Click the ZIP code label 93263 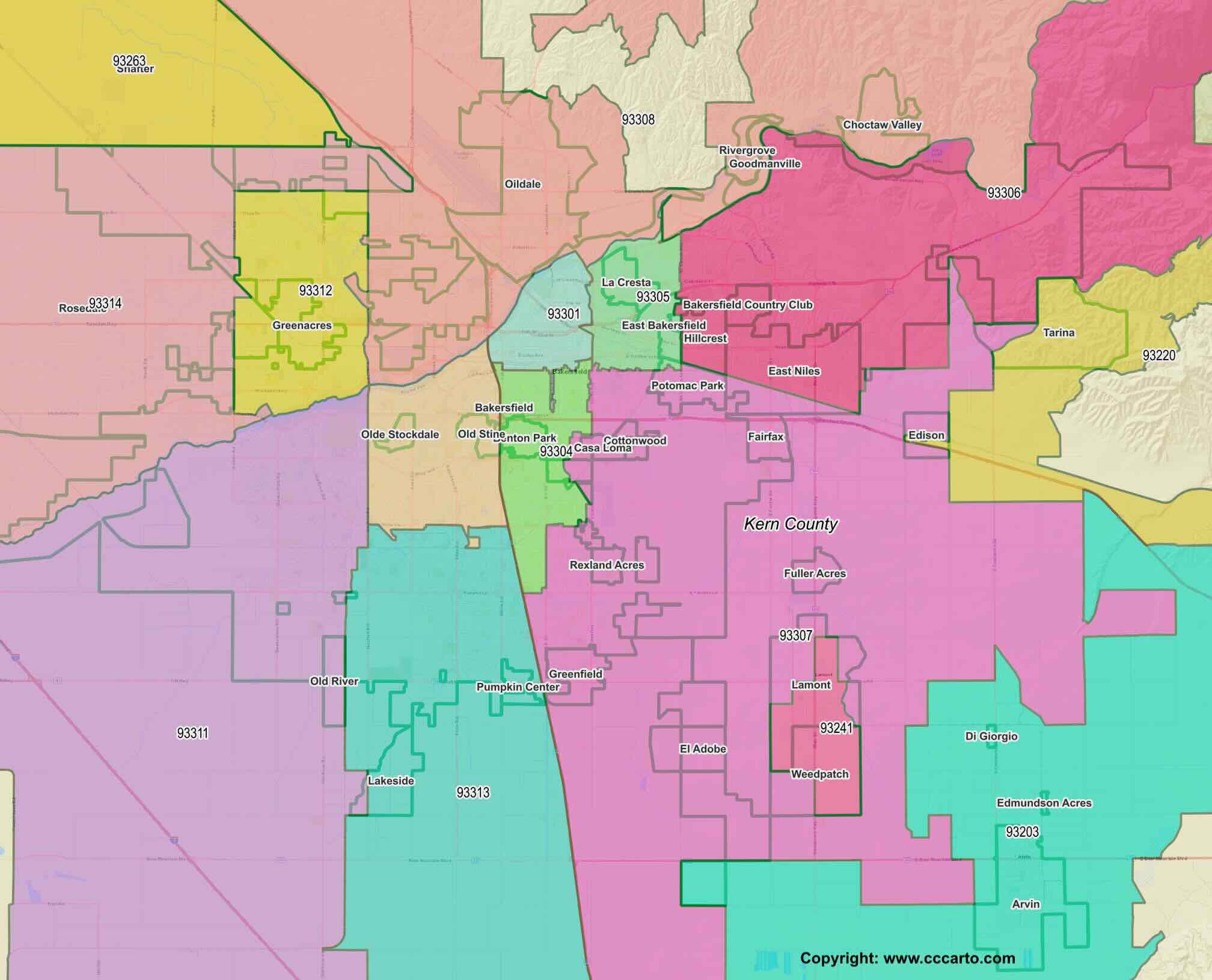(x=129, y=61)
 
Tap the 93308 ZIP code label (x=638, y=120)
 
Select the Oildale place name (x=522, y=184)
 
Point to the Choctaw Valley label (x=882, y=125)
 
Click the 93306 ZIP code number (x=1003, y=193)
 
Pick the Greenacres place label (x=302, y=325)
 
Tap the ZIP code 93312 (x=316, y=290)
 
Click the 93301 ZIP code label (x=563, y=314)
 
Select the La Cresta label (x=626, y=283)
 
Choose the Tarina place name (x=1059, y=332)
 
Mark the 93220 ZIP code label (x=1158, y=355)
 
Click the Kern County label (x=791, y=524)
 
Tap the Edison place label (x=926, y=435)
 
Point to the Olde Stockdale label (x=400, y=435)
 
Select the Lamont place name (x=811, y=685)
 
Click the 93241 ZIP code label (x=836, y=728)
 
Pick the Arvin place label (x=1026, y=904)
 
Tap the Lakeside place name (x=391, y=781)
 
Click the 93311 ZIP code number (x=192, y=733)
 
